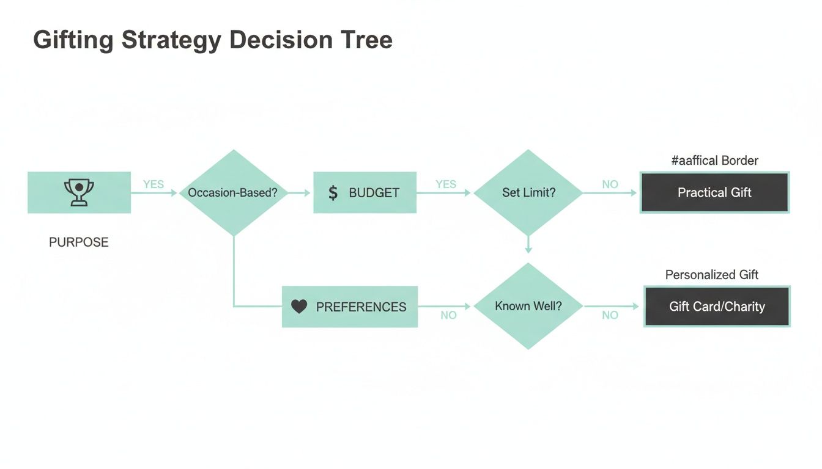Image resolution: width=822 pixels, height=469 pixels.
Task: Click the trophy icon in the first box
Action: click(x=79, y=192)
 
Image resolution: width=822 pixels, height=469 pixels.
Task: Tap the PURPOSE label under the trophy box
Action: click(x=79, y=242)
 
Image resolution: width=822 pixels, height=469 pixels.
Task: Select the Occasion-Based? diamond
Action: click(x=232, y=192)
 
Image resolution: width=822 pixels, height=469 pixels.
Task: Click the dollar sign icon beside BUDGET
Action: click(x=333, y=193)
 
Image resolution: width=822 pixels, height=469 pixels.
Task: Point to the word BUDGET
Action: click(x=374, y=193)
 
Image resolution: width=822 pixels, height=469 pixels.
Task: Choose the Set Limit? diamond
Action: click(x=528, y=192)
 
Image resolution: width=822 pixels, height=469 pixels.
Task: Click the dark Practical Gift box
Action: click(x=714, y=192)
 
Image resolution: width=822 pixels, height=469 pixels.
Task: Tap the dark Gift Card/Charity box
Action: click(x=717, y=307)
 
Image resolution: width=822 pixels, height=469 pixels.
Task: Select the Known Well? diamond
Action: click(x=528, y=306)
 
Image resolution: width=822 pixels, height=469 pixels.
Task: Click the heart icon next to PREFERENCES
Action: click(x=298, y=307)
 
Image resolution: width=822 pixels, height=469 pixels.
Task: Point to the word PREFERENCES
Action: click(x=361, y=307)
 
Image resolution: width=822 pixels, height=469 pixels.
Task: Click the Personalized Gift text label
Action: click(x=712, y=275)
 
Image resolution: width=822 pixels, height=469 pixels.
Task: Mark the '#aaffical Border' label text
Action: click(x=714, y=161)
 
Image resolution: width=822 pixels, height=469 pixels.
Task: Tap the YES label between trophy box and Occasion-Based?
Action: click(x=154, y=184)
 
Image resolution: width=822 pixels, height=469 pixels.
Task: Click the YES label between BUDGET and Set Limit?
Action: click(x=446, y=184)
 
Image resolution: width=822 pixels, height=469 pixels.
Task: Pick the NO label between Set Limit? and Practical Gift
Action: click(x=610, y=184)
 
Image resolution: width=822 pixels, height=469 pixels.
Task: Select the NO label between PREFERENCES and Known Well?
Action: click(x=448, y=315)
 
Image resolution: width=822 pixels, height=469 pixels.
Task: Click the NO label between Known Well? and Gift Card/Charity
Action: click(x=610, y=315)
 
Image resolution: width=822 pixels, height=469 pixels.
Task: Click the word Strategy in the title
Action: click(x=171, y=40)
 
